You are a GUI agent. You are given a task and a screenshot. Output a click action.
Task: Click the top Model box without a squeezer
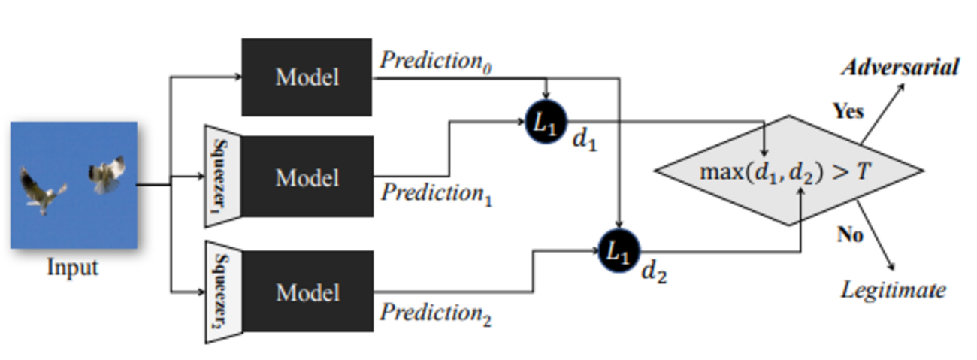click(306, 77)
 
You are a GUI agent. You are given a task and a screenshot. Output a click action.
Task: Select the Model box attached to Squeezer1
click(307, 177)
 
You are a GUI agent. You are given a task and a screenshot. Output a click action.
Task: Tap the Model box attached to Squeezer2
click(307, 292)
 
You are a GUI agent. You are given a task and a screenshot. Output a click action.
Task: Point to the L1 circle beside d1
click(545, 123)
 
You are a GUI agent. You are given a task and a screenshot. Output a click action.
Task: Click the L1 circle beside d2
click(619, 252)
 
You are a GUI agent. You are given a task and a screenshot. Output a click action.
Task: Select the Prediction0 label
click(436, 61)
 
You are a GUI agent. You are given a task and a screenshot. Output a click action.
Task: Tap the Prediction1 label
click(436, 194)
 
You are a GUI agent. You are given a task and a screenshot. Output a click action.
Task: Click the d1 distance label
click(584, 141)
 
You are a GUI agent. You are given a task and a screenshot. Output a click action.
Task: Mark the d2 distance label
click(653, 273)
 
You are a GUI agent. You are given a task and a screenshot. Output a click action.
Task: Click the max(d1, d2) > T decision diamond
click(789, 171)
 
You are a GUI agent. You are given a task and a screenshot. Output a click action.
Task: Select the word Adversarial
click(900, 68)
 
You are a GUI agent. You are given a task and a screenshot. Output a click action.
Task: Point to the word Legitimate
click(893, 289)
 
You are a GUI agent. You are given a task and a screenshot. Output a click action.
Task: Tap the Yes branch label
click(848, 112)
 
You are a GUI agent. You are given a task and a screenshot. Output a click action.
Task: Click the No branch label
click(850, 235)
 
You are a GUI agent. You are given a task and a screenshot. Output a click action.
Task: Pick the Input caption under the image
click(73, 268)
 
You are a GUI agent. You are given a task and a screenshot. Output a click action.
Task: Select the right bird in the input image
click(107, 174)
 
